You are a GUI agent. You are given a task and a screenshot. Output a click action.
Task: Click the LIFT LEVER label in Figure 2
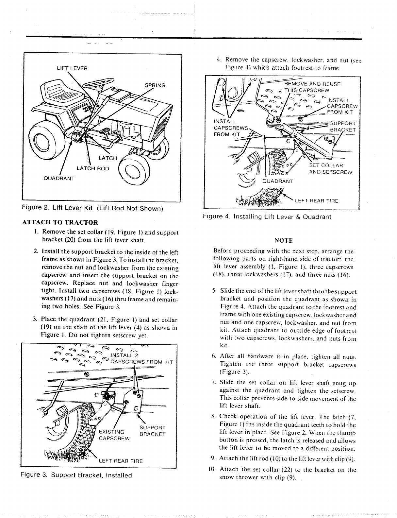pos(72,68)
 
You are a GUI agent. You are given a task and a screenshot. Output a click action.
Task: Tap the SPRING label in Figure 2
pos(155,86)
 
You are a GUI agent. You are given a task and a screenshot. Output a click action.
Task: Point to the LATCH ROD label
pos(93,168)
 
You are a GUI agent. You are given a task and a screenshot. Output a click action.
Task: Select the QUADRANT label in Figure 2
pos(60,178)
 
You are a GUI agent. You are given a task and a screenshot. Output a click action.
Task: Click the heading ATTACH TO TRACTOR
pos(60,223)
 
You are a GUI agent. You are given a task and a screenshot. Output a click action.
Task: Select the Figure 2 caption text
pos(92,208)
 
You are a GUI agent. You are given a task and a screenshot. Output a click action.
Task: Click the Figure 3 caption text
pos(76,475)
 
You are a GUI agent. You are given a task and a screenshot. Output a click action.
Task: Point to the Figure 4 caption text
pos(267,216)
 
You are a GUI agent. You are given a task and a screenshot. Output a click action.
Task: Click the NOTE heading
pos(283,241)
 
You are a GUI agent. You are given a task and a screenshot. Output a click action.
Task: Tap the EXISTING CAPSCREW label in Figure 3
pos(114,435)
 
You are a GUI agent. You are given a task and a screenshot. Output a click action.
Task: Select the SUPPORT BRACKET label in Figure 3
pos(153,431)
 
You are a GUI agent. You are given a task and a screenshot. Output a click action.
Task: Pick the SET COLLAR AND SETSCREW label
pos(330,169)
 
